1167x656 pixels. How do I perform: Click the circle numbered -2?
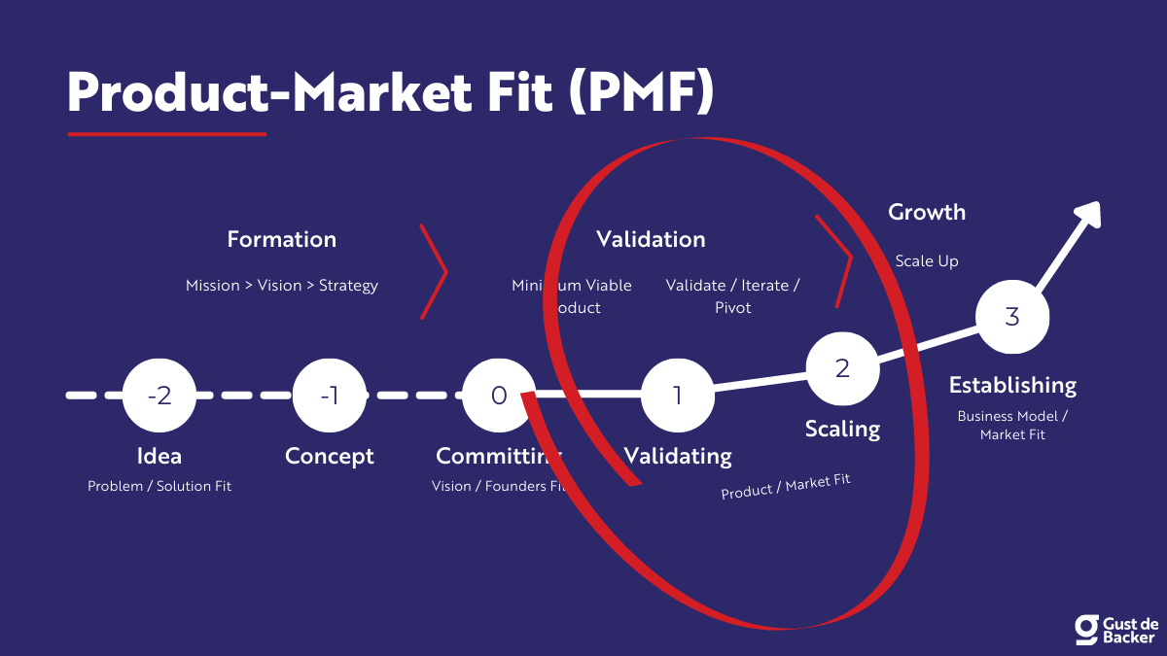tap(159, 396)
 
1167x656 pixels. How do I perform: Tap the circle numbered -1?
tap(330, 396)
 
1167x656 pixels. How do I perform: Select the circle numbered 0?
tap(498, 396)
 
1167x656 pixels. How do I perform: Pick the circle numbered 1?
tap(678, 396)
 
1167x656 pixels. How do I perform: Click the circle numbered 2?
tap(842, 368)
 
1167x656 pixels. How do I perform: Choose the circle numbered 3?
tap(1012, 317)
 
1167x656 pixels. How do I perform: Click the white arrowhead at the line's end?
tap(1087, 215)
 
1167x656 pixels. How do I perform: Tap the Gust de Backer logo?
tap(1115, 630)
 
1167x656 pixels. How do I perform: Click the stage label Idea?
tap(159, 456)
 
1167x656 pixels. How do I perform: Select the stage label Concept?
tap(330, 456)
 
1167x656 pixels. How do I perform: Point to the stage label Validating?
tap(678, 456)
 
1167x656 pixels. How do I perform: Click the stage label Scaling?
tap(842, 429)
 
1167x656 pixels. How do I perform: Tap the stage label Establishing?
tap(1012, 385)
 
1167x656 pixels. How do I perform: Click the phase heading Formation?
tap(282, 239)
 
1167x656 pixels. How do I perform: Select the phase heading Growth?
tap(927, 212)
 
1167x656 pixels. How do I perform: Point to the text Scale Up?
tap(927, 261)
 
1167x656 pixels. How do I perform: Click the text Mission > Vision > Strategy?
tap(282, 286)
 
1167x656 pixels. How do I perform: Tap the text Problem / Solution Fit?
tap(159, 486)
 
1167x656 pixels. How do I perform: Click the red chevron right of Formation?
tap(434, 271)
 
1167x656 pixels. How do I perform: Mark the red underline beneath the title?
tap(166, 134)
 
